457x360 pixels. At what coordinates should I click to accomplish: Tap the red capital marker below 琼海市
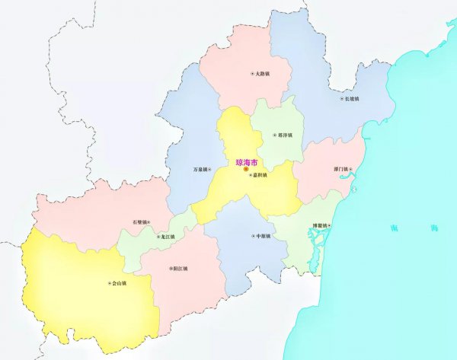pos(246,174)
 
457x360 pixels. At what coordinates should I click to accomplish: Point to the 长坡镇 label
pos(352,99)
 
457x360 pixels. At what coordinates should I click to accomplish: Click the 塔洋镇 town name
pos(284,135)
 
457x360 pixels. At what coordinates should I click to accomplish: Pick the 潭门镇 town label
pos(339,169)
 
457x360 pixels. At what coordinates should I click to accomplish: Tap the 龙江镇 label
pos(167,237)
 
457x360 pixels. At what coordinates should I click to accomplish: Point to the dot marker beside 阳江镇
pos(171,269)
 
